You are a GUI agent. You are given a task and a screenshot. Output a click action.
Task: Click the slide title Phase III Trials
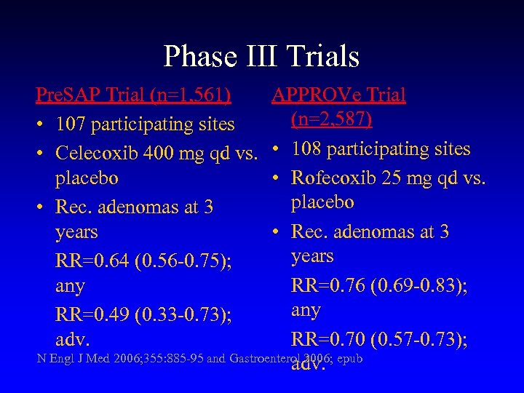pyautogui.click(x=261, y=56)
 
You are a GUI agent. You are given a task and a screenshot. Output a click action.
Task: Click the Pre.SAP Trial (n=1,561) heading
pyautogui.click(x=135, y=95)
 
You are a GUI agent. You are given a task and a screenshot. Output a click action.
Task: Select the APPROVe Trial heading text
pyautogui.click(x=338, y=95)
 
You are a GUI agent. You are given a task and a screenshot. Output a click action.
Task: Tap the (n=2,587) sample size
pyautogui.click(x=331, y=118)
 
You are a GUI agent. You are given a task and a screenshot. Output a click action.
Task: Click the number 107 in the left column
pyautogui.click(x=71, y=124)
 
